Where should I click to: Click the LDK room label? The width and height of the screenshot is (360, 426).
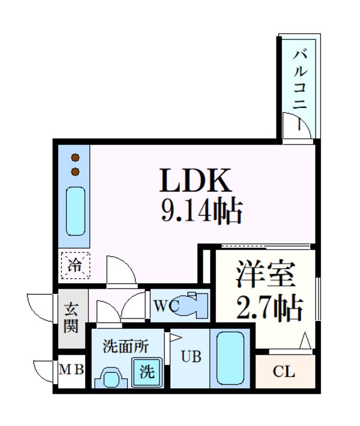click(194, 180)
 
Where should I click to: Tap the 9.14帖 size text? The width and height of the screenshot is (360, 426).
click(200, 211)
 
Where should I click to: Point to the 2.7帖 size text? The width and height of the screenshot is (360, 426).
click(269, 308)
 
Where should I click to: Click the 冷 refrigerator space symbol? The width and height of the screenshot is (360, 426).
click(74, 266)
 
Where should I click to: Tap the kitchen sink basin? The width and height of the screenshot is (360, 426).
click(76, 211)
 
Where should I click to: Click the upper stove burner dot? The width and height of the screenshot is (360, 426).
click(76, 158)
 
